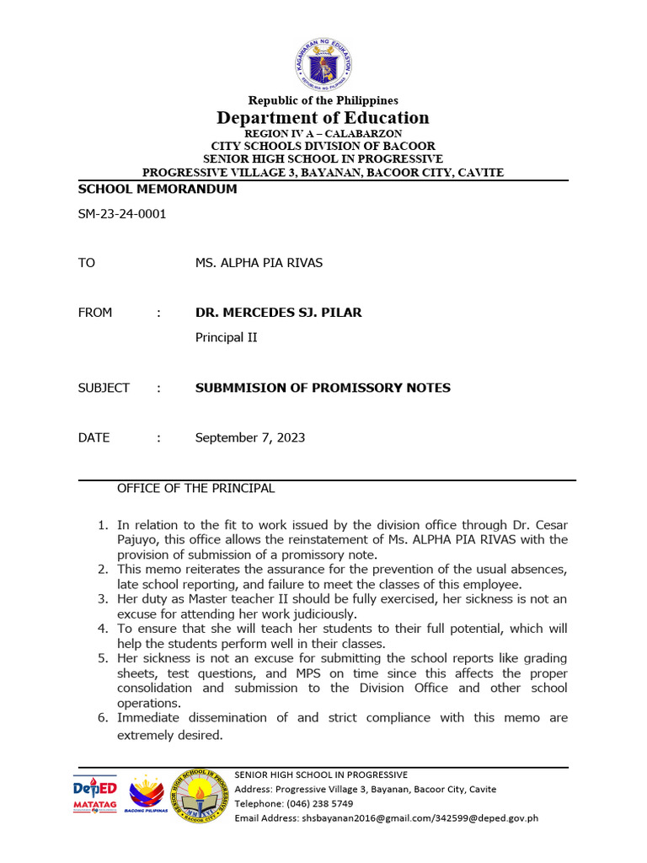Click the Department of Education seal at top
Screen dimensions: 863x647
[x=323, y=67]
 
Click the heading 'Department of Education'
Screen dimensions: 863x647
[x=323, y=117]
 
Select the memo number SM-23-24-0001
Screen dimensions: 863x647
[x=121, y=214]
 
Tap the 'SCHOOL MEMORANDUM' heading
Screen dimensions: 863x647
[x=157, y=190]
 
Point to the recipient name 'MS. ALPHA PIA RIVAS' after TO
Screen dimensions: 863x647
[x=259, y=263]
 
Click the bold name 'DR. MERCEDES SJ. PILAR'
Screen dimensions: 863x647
[x=278, y=313]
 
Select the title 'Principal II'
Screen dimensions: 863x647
[x=226, y=337]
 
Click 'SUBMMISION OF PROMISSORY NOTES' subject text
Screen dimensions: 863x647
[x=323, y=388]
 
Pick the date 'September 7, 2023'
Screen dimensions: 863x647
[x=250, y=437]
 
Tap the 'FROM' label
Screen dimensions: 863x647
[x=94, y=313]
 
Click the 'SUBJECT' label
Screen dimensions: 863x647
[x=104, y=388]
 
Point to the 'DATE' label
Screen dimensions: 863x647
[x=94, y=437]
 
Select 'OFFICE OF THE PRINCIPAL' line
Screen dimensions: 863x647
[x=195, y=489]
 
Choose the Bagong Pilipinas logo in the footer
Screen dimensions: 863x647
[x=147, y=796]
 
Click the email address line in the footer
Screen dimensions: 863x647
[x=386, y=817]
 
